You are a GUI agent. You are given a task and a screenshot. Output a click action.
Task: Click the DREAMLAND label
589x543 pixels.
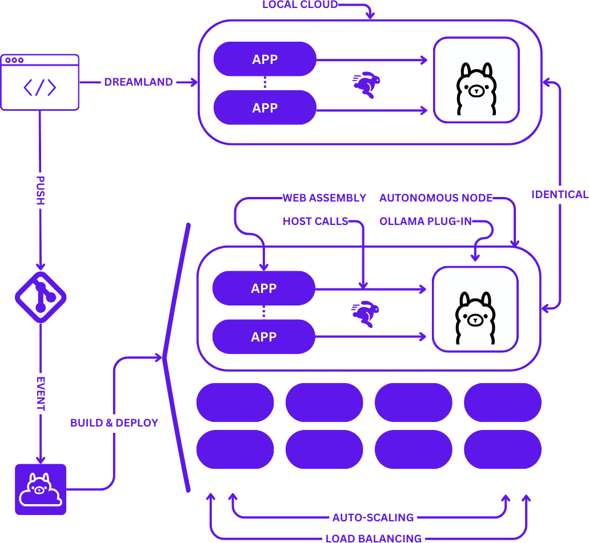click(138, 82)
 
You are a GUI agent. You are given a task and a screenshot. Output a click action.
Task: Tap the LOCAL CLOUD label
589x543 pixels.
click(300, 5)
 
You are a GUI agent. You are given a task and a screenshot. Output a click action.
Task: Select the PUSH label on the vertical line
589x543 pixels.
click(41, 190)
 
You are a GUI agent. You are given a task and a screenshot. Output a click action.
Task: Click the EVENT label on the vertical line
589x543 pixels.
click(41, 393)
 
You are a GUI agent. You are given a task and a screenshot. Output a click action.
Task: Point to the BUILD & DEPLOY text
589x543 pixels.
click(114, 423)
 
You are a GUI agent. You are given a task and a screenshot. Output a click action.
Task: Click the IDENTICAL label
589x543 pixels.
click(560, 195)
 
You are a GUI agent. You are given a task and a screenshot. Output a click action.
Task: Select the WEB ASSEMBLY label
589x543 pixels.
click(324, 198)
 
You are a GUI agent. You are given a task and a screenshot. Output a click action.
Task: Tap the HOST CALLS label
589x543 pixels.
click(315, 221)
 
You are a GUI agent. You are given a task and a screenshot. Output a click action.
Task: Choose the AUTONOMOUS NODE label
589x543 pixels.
click(436, 198)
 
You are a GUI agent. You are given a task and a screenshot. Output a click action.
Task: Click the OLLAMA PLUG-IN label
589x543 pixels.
click(426, 221)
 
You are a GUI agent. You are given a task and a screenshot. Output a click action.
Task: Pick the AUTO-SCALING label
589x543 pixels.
click(373, 517)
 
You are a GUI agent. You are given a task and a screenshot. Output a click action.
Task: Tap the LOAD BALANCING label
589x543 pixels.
click(374, 538)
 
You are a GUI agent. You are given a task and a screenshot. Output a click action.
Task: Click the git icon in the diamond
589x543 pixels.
click(41, 297)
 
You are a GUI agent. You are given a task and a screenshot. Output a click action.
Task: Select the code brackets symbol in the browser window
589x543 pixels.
click(40, 87)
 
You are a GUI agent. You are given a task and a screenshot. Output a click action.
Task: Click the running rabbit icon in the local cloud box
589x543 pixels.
click(366, 85)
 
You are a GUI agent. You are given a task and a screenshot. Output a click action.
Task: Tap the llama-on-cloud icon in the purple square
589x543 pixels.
click(41, 489)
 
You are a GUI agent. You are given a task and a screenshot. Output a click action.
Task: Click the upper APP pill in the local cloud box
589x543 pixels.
click(265, 59)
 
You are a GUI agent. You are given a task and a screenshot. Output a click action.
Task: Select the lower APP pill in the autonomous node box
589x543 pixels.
click(264, 337)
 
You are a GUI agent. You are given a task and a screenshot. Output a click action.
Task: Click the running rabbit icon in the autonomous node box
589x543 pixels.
click(365, 314)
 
